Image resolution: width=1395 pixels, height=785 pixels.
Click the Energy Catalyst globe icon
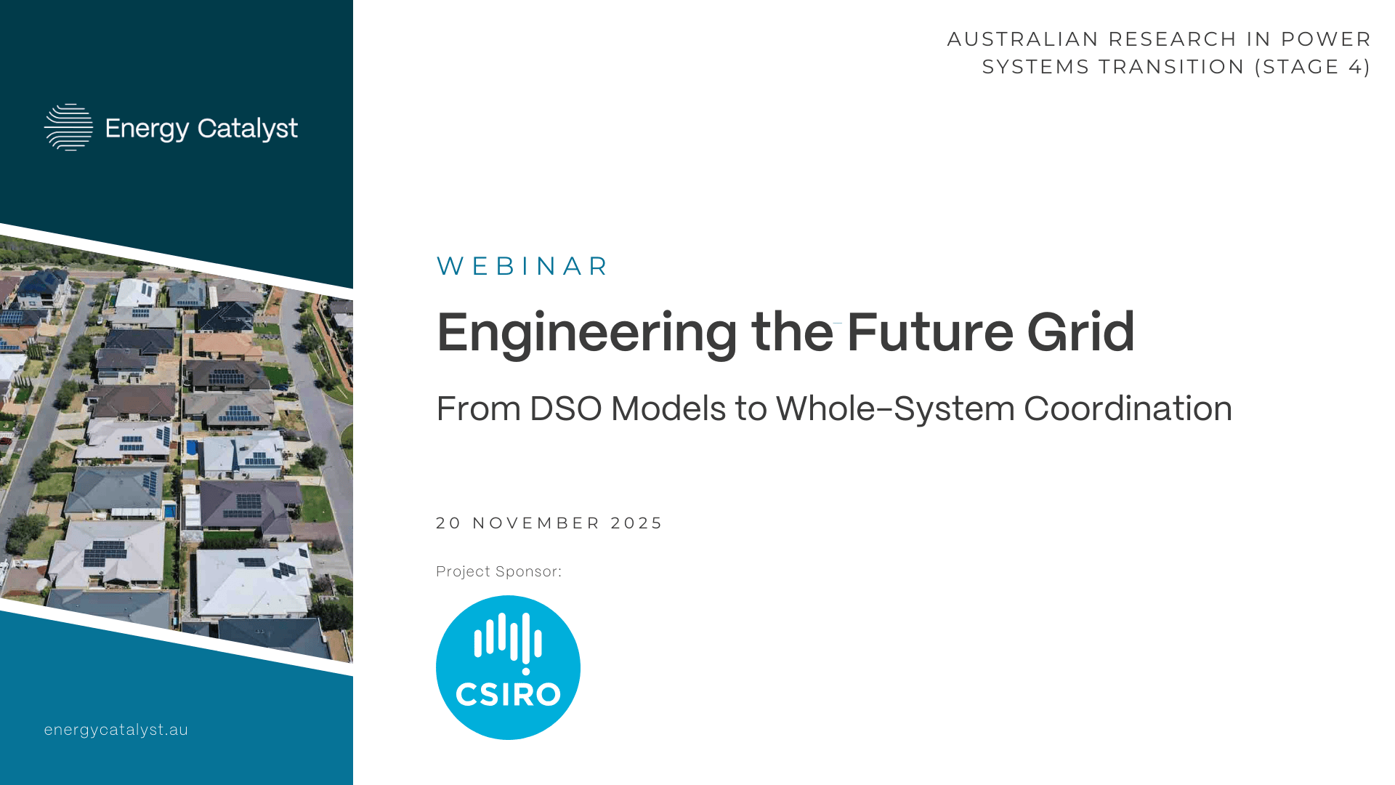(69, 127)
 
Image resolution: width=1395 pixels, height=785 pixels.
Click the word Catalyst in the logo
(248, 129)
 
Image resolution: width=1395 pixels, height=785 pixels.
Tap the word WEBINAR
(522, 266)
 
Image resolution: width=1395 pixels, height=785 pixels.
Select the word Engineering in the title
(587, 333)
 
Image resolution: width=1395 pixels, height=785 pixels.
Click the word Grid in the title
(1080, 331)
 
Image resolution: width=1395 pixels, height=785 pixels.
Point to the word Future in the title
(930, 332)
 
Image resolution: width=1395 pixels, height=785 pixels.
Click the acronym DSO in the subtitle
(562, 408)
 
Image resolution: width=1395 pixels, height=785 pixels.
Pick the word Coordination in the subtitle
(1128, 408)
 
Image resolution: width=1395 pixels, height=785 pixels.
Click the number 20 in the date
(449, 523)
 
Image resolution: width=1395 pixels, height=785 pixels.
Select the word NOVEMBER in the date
(537, 523)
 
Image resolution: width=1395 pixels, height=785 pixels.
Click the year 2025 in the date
(636, 523)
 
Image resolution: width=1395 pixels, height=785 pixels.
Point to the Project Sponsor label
(498, 572)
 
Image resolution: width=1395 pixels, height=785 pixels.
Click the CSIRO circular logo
(508, 667)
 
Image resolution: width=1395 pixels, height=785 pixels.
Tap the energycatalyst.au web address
(116, 730)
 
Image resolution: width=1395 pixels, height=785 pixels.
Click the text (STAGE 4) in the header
(1312, 67)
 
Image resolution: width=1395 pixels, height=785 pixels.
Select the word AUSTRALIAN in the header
(1023, 39)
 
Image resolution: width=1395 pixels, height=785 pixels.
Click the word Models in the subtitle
(668, 408)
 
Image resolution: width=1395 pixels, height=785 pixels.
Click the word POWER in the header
(1326, 39)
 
